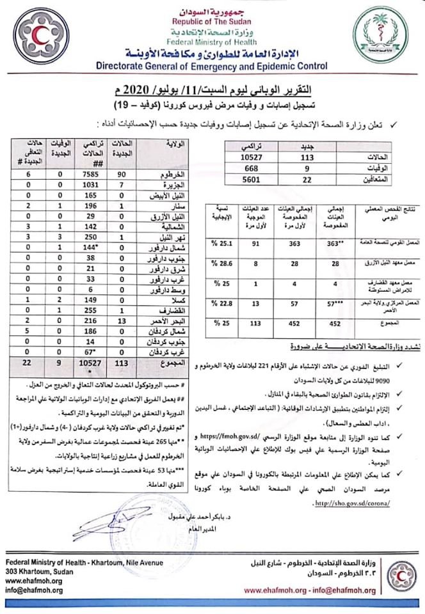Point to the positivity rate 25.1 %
coord(222,243)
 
